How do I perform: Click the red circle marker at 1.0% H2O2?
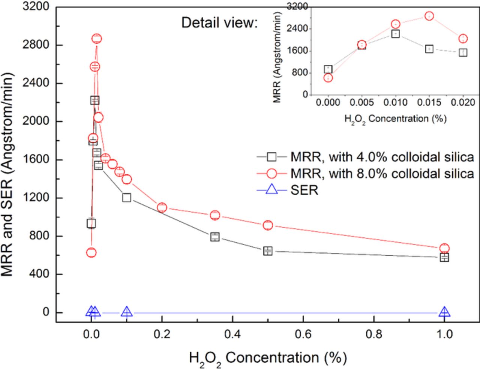pyautogui.click(x=444, y=248)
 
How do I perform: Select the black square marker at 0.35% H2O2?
pyautogui.click(x=215, y=237)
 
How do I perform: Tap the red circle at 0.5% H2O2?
pyautogui.click(x=268, y=225)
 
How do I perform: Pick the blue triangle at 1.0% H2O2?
pyautogui.click(x=444, y=312)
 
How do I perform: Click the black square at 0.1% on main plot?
pyautogui.click(x=126, y=198)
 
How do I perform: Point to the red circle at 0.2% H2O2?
pyautogui.click(x=162, y=207)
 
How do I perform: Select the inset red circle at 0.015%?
pyautogui.click(x=429, y=16)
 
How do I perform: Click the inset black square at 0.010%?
pyautogui.click(x=395, y=34)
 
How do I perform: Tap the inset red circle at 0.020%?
pyautogui.click(x=463, y=39)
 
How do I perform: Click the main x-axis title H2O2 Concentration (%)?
pyautogui.click(x=268, y=358)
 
